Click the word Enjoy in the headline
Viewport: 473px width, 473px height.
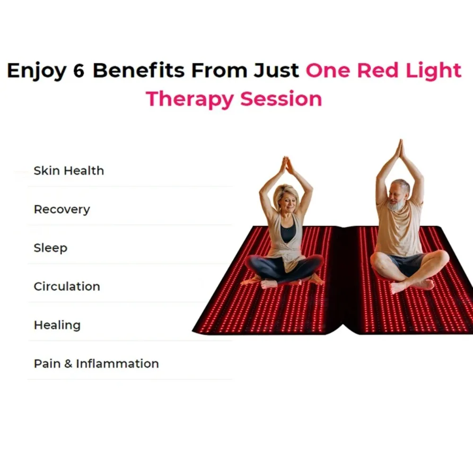pos(36,71)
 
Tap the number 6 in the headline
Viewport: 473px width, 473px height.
pos(79,70)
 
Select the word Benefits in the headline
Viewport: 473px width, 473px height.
pos(138,70)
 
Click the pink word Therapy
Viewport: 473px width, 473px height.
pos(190,100)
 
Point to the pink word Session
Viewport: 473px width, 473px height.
pos(281,99)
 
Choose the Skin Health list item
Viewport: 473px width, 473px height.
pos(69,171)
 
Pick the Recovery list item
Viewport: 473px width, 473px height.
pos(62,210)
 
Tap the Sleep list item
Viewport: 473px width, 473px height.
pos(51,248)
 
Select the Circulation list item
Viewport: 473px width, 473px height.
pos(67,287)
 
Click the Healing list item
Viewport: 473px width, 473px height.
pos(57,325)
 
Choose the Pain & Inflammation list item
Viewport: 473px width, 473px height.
pos(96,364)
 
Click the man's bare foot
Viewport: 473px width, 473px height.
pos(401,288)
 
